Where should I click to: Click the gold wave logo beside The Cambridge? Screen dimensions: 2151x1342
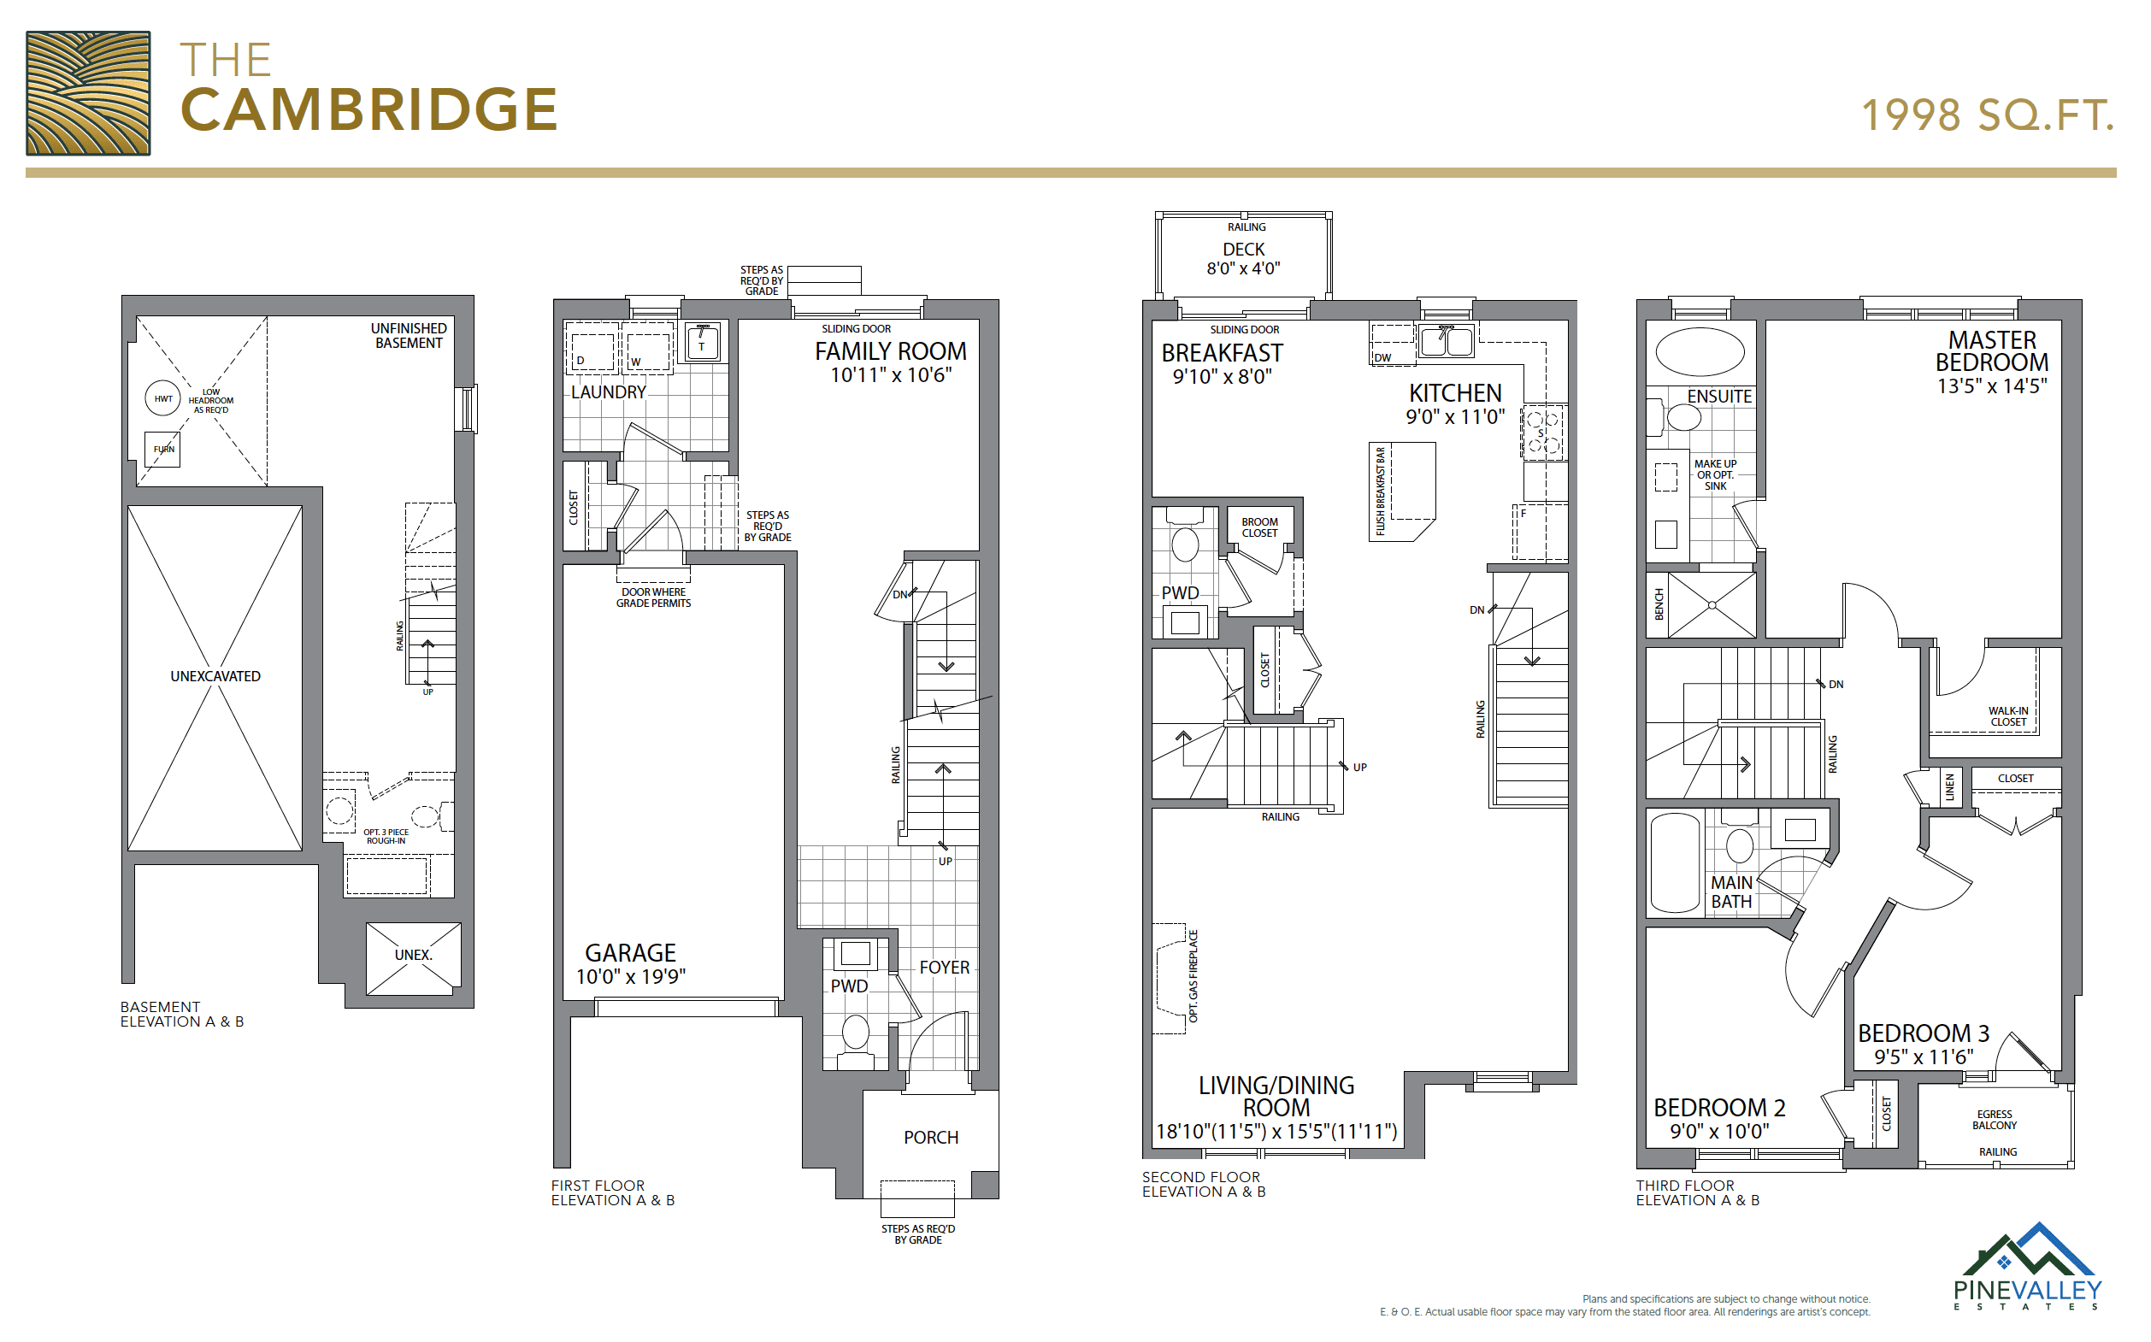pyautogui.click(x=88, y=93)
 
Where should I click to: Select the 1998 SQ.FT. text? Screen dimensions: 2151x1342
pyautogui.click(x=1988, y=115)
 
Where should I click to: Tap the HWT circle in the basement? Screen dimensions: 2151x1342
pyautogui.click(x=163, y=398)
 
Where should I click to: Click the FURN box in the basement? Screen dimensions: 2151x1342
pyautogui.click(x=163, y=449)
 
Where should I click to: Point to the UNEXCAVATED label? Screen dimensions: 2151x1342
pyautogui.click(x=215, y=676)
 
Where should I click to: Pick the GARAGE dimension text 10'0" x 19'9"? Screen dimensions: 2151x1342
pyautogui.click(x=631, y=976)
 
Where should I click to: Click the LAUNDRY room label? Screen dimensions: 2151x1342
pyautogui.click(x=608, y=391)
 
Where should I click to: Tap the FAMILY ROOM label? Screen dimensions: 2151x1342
pyautogui.click(x=890, y=351)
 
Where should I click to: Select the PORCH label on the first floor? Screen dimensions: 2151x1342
pyautogui.click(x=931, y=1138)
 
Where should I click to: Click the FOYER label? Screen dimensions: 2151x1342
pyautogui.click(x=945, y=968)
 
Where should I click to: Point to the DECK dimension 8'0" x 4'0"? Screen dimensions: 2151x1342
pyautogui.click(x=1244, y=268)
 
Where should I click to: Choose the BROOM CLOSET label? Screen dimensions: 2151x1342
pyautogui.click(x=1259, y=527)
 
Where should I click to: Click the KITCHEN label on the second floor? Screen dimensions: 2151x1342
pyautogui.click(x=1455, y=393)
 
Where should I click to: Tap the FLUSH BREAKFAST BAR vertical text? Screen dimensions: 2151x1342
pyautogui.click(x=1381, y=491)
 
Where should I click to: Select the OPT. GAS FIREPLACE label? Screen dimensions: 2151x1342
pyautogui.click(x=1193, y=976)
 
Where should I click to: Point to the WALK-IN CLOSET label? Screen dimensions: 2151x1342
pyautogui.click(x=2008, y=716)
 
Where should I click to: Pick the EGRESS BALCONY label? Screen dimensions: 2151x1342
pyautogui.click(x=1995, y=1120)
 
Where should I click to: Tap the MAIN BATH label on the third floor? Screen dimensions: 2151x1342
pyautogui.click(x=1732, y=892)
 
